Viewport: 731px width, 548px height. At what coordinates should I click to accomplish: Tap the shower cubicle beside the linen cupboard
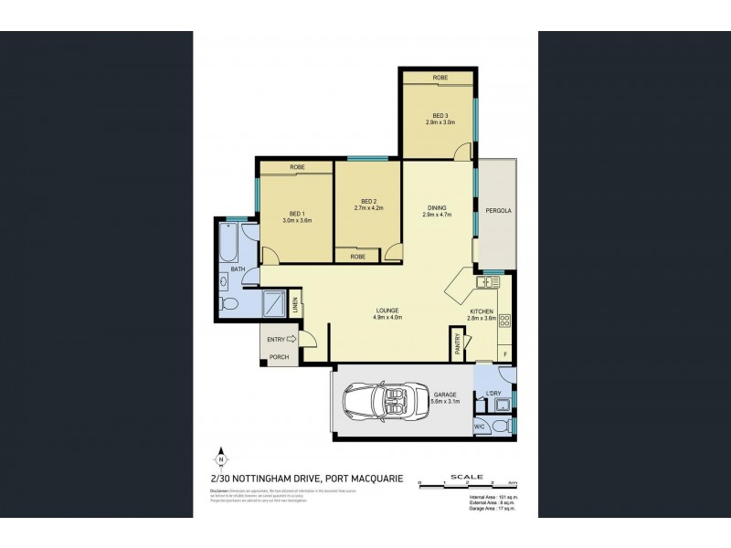[x=273, y=303]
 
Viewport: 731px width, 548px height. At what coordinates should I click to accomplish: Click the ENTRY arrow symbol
[x=291, y=339]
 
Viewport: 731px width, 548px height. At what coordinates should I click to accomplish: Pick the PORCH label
[x=278, y=356]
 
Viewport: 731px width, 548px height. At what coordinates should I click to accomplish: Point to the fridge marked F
[x=503, y=352]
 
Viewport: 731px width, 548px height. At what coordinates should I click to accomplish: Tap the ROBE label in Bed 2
[x=357, y=258]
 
